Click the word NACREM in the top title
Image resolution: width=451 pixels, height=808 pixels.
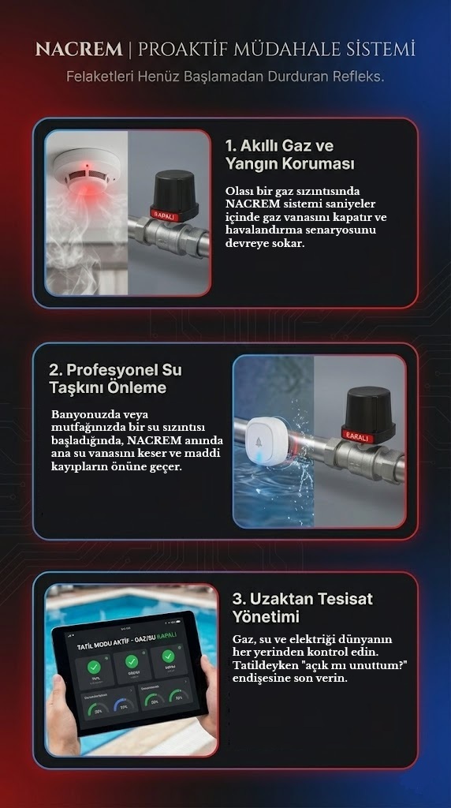78,50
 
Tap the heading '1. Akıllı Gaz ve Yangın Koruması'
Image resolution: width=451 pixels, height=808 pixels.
289,155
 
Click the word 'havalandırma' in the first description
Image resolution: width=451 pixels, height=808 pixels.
263,230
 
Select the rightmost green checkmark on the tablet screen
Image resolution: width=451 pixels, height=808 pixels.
168,656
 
